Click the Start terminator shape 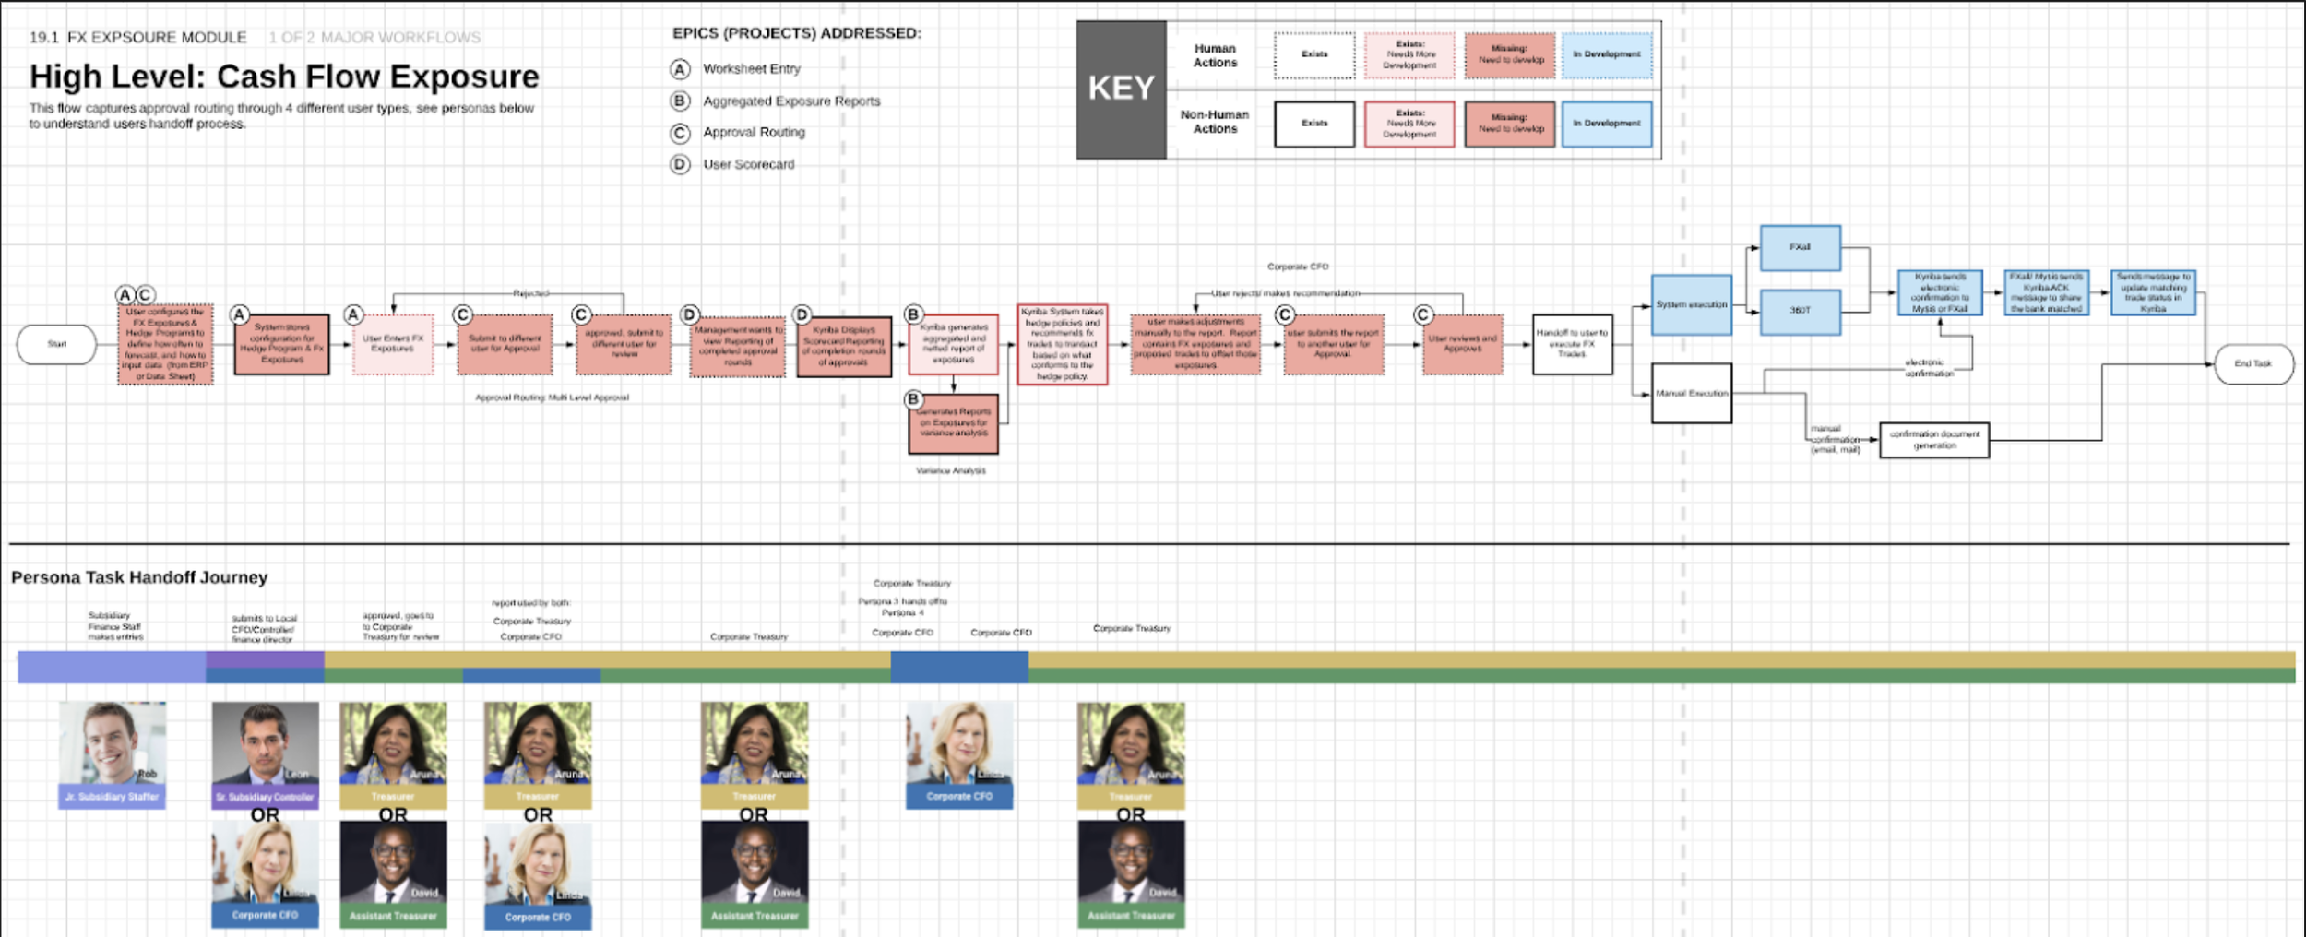[x=56, y=344]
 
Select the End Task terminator [x=2253, y=363]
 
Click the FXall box [x=1800, y=247]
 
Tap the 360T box [x=1800, y=311]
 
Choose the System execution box [x=1691, y=304]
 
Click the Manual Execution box [x=1691, y=394]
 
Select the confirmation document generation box [x=1933, y=440]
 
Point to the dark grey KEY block [x=1121, y=89]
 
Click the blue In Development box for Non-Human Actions [x=1606, y=124]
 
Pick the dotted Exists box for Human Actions [x=1314, y=54]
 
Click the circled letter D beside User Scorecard [x=680, y=164]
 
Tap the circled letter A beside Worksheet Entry [x=680, y=69]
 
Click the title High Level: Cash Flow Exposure [x=284, y=77]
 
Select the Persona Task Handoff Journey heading [x=139, y=577]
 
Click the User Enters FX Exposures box [x=393, y=344]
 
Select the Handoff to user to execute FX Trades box [x=1572, y=344]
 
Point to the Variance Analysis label [x=950, y=470]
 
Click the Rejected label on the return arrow [x=530, y=293]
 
